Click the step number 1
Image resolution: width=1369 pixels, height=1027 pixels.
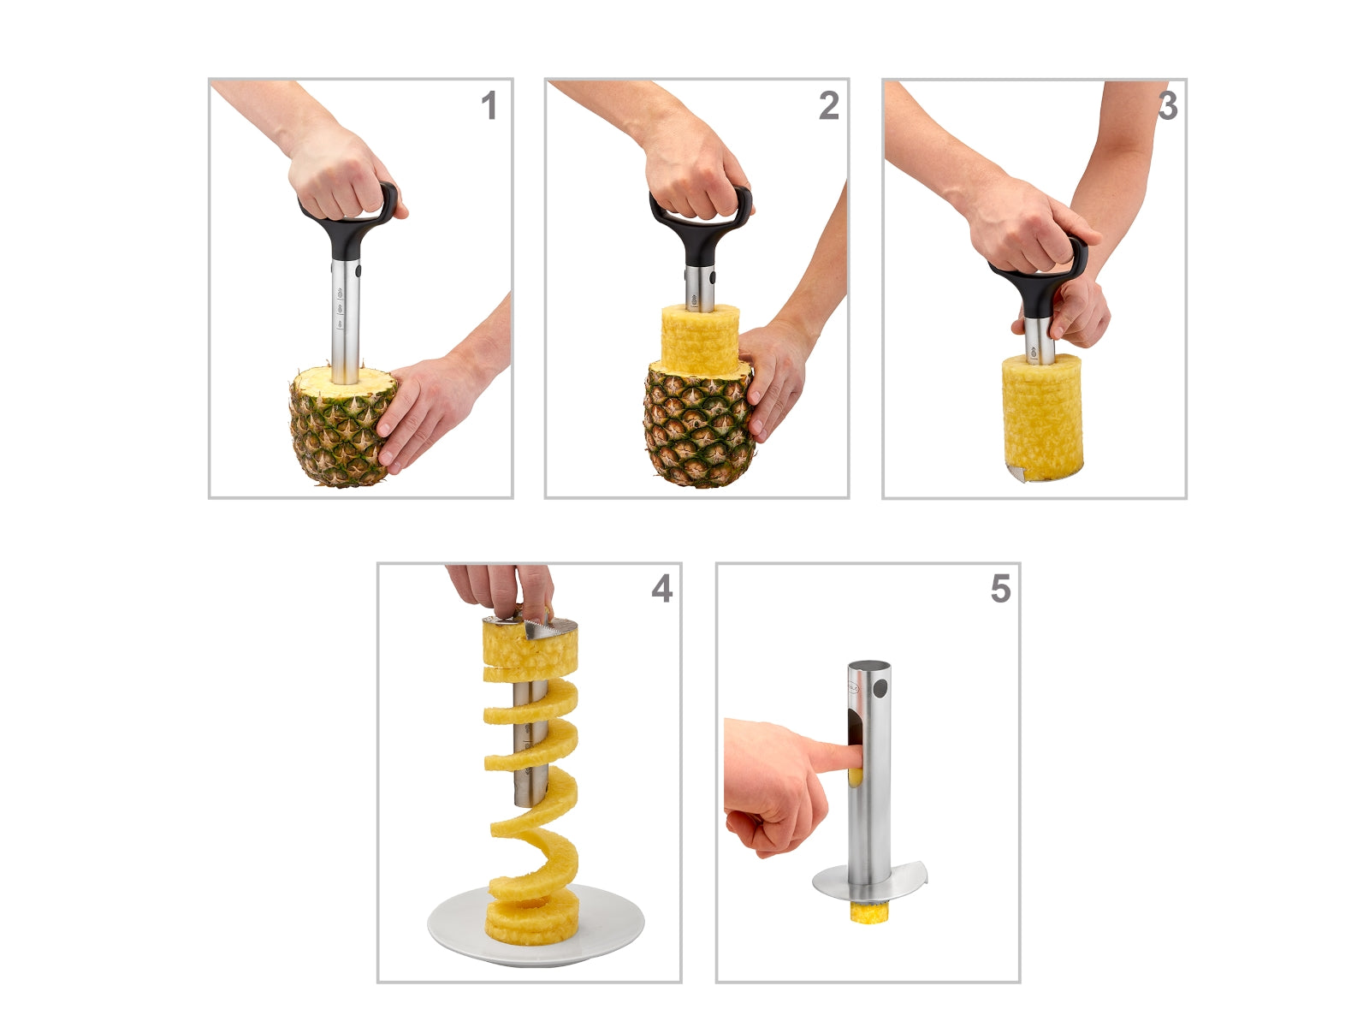[x=489, y=105]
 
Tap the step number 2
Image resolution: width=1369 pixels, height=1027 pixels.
[x=829, y=105]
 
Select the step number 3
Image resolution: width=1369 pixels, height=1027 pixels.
[x=1168, y=105]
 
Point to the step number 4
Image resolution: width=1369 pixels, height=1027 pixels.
[x=661, y=589]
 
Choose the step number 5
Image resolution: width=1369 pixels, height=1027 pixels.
[x=1001, y=589]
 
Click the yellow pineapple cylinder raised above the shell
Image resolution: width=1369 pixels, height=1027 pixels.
[x=700, y=340]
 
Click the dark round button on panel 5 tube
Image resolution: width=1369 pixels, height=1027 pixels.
[x=880, y=689]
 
